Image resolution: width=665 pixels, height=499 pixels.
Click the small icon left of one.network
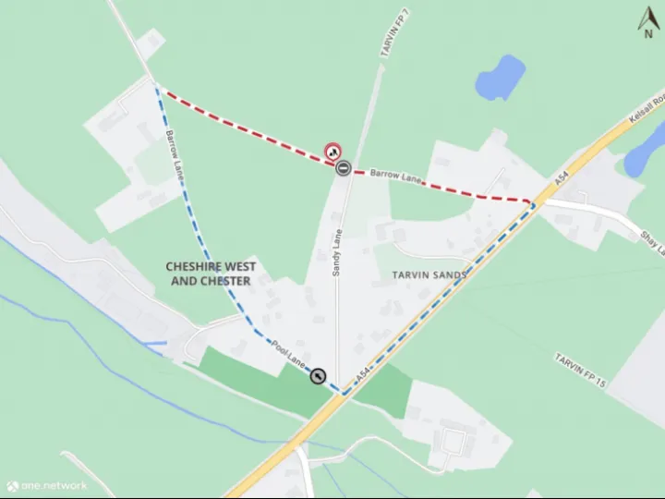coord(12,485)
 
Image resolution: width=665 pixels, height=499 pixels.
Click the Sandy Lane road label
coord(338,251)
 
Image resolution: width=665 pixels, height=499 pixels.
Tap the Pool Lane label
coord(289,356)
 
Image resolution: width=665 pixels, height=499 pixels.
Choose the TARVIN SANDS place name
coord(429,274)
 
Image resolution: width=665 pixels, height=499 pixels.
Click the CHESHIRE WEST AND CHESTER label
coord(211,274)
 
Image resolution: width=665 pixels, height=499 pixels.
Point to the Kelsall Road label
coord(647,107)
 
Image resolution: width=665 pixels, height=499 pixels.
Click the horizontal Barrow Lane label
coord(395,174)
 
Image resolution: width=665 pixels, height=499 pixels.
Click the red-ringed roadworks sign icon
coord(332,152)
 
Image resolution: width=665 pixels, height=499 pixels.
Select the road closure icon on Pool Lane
coord(318,376)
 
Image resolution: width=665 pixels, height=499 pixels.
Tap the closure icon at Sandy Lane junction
coord(343,168)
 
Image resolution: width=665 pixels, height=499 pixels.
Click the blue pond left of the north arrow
coord(501,77)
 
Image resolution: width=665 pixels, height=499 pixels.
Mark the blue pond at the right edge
coord(647,151)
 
